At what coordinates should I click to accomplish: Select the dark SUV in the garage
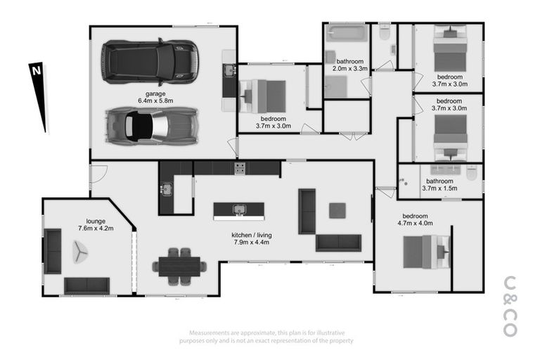pyautogui.click(x=149, y=61)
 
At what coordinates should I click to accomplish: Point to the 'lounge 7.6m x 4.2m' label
pyautogui.click(x=96, y=224)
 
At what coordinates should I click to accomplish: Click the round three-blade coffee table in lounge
pyautogui.click(x=79, y=250)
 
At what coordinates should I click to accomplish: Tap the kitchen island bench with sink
pyautogui.click(x=239, y=210)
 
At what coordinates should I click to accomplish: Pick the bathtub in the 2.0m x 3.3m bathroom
pyautogui.click(x=346, y=34)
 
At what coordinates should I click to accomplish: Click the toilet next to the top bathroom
pyautogui.click(x=384, y=34)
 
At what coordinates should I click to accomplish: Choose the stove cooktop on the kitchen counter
pyautogui.click(x=239, y=168)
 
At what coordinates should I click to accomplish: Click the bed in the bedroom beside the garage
pyautogui.click(x=264, y=95)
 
